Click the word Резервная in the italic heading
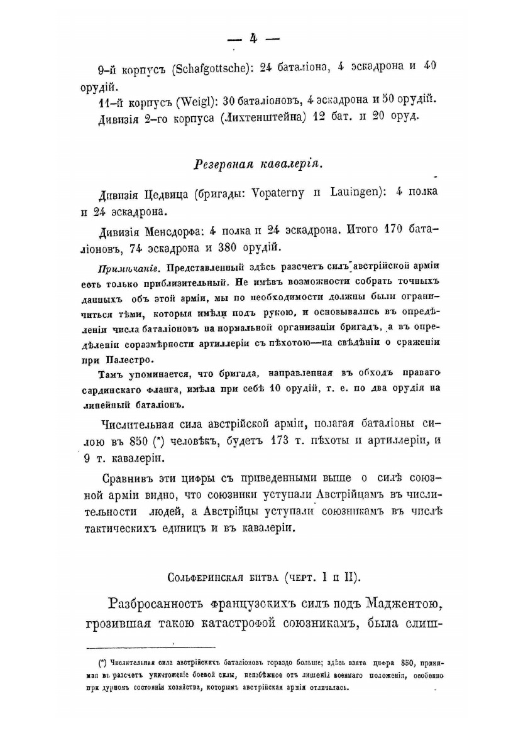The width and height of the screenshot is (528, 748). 221,165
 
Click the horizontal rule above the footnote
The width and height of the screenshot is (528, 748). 150,647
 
